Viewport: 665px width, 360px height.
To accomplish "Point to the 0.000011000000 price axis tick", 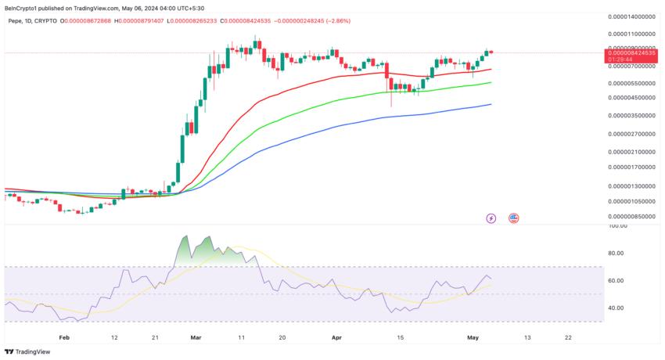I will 633,34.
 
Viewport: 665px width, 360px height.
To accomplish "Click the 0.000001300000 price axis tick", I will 633,186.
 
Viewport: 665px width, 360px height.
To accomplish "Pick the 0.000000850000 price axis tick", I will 633,216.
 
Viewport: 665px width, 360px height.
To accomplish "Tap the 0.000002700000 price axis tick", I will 633,133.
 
